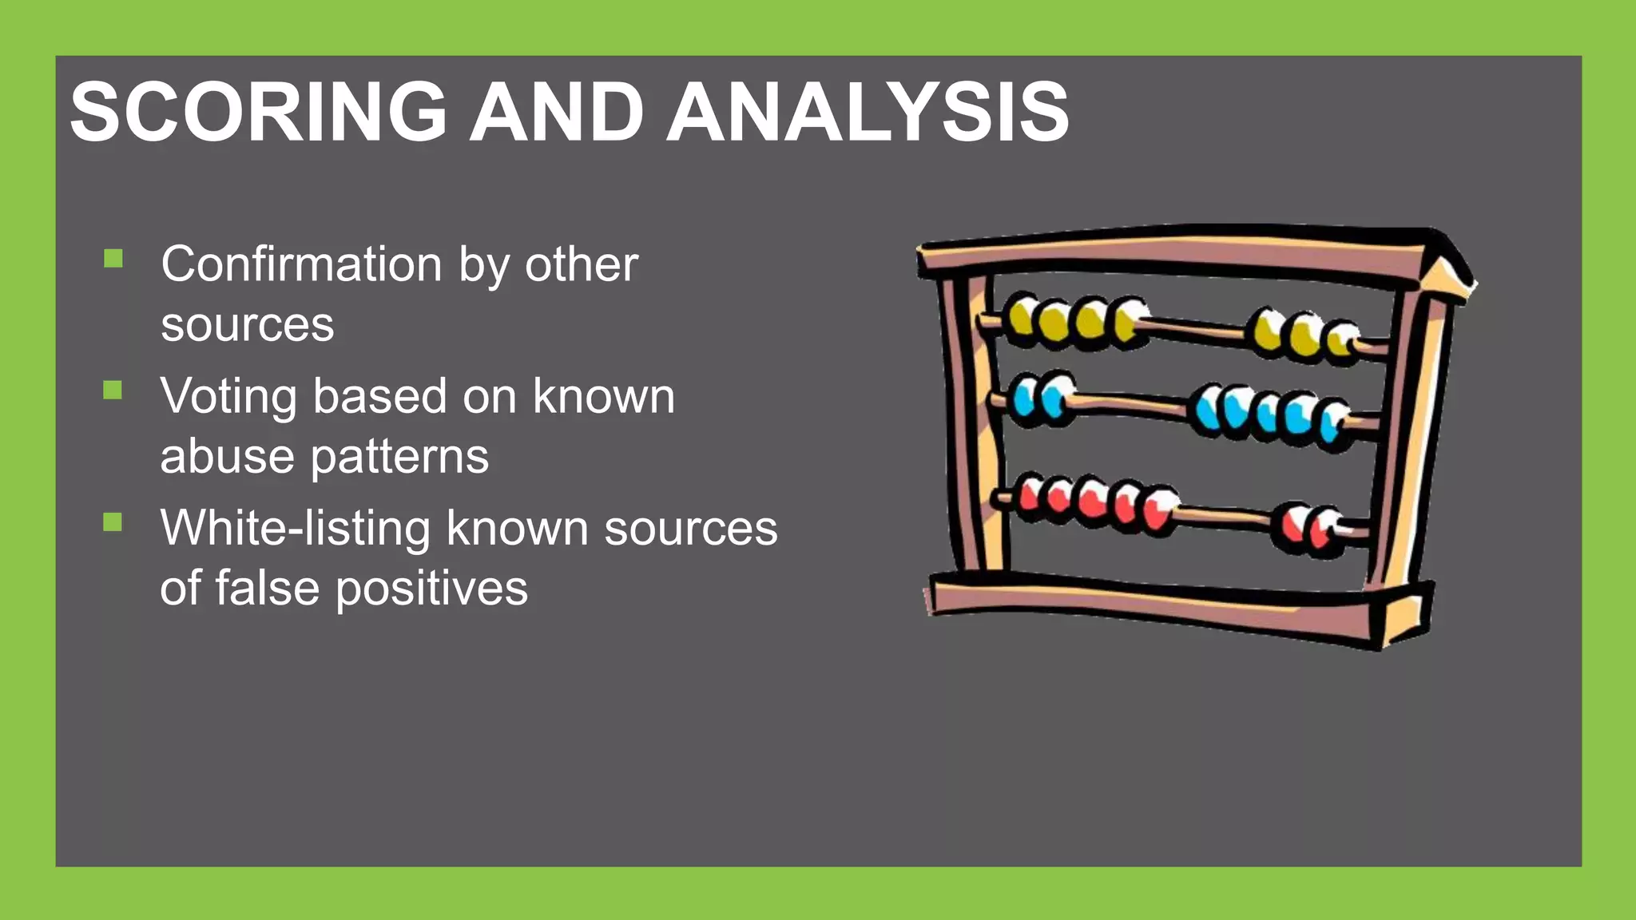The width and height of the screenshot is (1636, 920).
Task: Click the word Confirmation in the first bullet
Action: click(302, 264)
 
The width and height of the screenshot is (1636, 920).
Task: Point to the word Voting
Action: click(228, 397)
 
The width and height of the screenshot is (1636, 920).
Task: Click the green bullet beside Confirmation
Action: click(113, 258)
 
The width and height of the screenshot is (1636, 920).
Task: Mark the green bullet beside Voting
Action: click(113, 390)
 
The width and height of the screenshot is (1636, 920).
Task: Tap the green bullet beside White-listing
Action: click(113, 522)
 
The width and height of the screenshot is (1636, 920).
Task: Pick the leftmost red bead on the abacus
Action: click(1030, 495)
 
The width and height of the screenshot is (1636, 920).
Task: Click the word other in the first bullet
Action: click(581, 264)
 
